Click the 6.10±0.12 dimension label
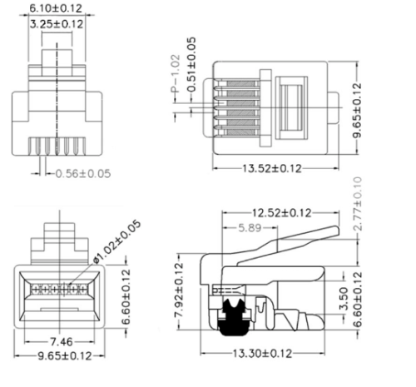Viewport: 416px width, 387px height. point(56,8)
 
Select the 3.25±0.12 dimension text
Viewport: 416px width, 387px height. point(57,24)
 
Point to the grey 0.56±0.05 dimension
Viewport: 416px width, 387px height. point(83,174)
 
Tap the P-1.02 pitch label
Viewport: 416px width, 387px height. point(176,73)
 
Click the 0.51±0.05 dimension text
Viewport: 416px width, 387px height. point(191,65)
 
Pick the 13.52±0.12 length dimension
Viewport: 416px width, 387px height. point(272,168)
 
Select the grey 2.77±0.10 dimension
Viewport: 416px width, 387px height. point(358,204)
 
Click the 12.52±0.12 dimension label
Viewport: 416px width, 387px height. point(281,213)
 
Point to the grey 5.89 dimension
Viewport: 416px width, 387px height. point(250,228)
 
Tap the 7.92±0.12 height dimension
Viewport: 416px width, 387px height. point(179,290)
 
